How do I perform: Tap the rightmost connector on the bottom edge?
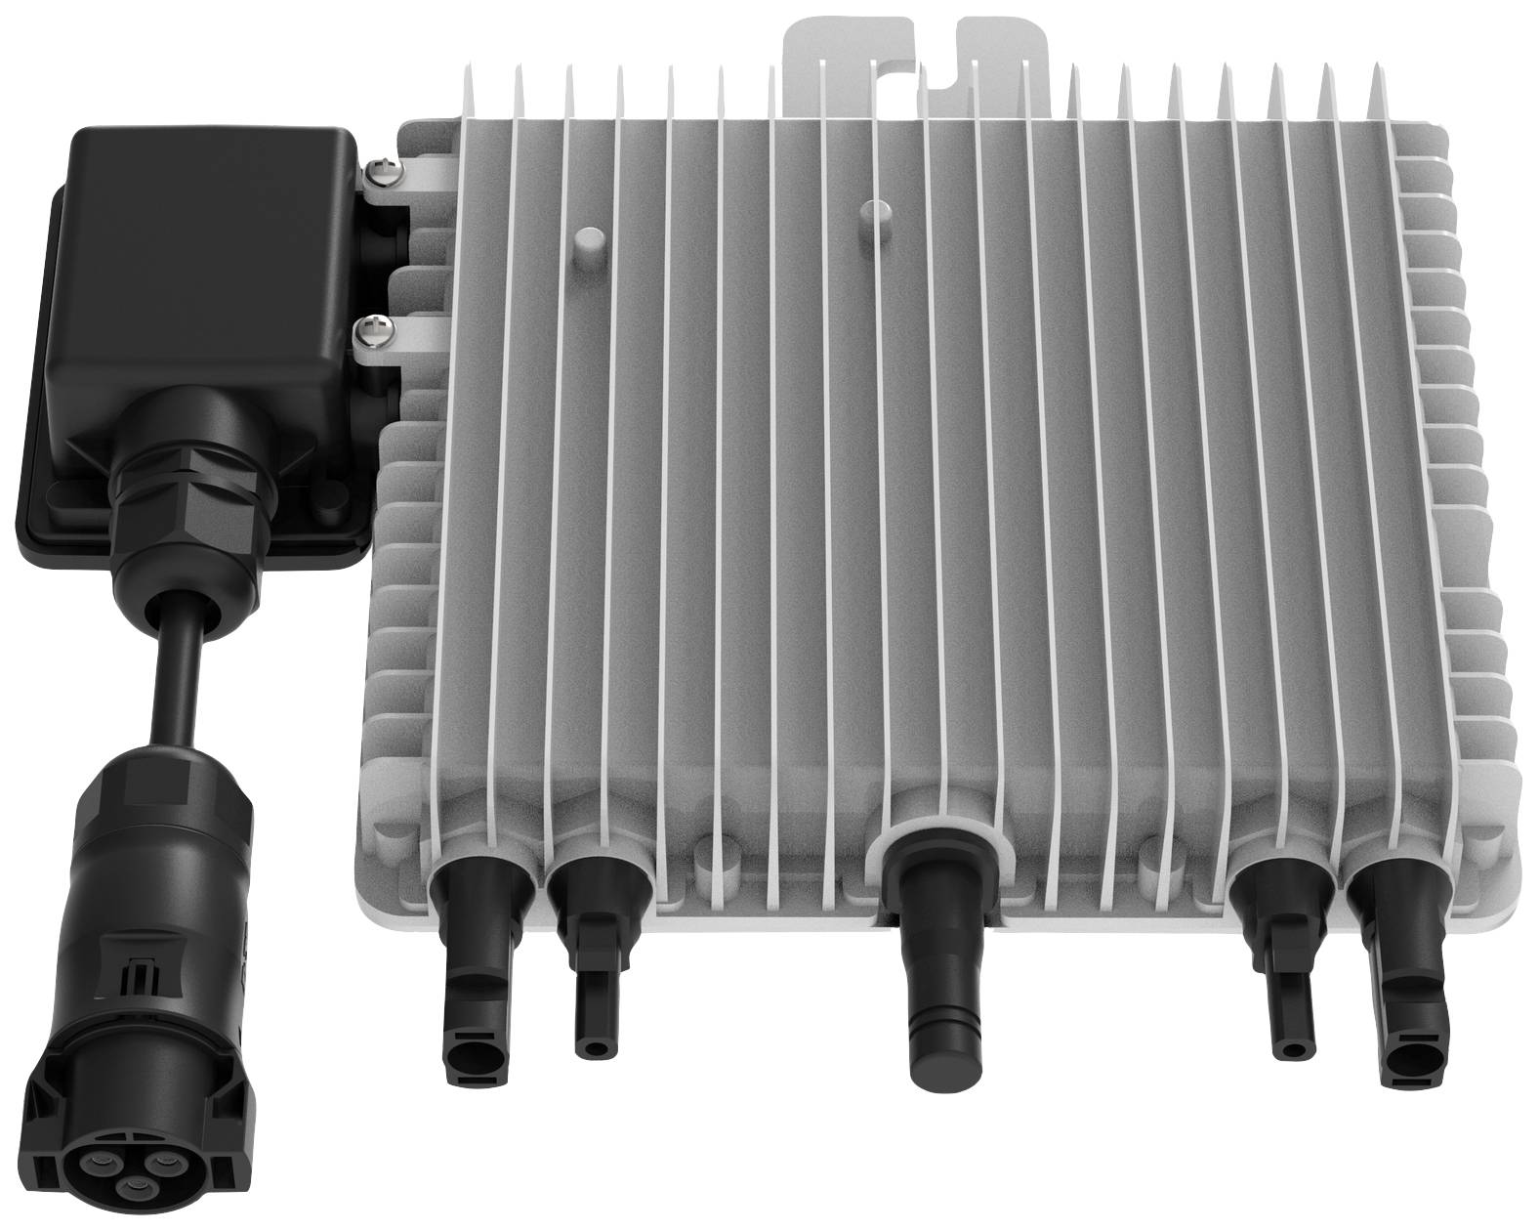pos(1395,977)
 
